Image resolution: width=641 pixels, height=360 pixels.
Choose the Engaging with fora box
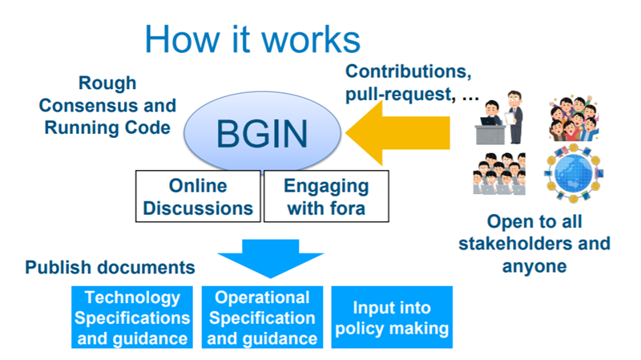tap(326, 196)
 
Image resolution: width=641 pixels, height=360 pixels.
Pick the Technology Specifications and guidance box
tap(132, 318)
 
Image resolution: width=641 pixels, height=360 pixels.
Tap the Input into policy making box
tap(392, 318)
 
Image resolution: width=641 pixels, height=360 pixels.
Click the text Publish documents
tap(111, 267)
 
